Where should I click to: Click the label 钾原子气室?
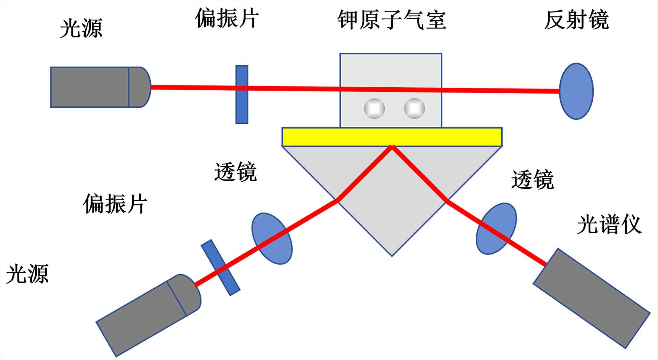pyautogui.click(x=391, y=20)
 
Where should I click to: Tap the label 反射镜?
pyautogui.click(x=576, y=20)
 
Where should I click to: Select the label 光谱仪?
pyautogui.click(x=609, y=225)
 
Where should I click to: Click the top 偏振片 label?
pyautogui.click(x=227, y=19)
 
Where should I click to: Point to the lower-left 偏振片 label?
pyautogui.click(x=115, y=204)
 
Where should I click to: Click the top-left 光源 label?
pyautogui.click(x=81, y=28)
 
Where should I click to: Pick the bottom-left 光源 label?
pyautogui.click(x=27, y=274)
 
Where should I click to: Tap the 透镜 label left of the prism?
pyautogui.click(x=235, y=172)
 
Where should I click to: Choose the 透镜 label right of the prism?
pyautogui.click(x=532, y=180)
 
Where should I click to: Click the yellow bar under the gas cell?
pyautogui.click(x=392, y=137)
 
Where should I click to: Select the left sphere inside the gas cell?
pyautogui.click(x=374, y=108)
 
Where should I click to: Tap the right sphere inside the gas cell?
pyautogui.click(x=414, y=108)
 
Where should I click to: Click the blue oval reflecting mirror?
pyautogui.click(x=576, y=91)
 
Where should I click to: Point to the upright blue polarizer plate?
pyautogui.click(x=242, y=95)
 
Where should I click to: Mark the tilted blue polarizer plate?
pyautogui.click(x=221, y=267)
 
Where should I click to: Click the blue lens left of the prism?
pyautogui.click(x=272, y=239)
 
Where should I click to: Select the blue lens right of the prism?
pyautogui.click(x=496, y=228)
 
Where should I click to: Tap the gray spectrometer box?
pyautogui.click(x=592, y=298)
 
